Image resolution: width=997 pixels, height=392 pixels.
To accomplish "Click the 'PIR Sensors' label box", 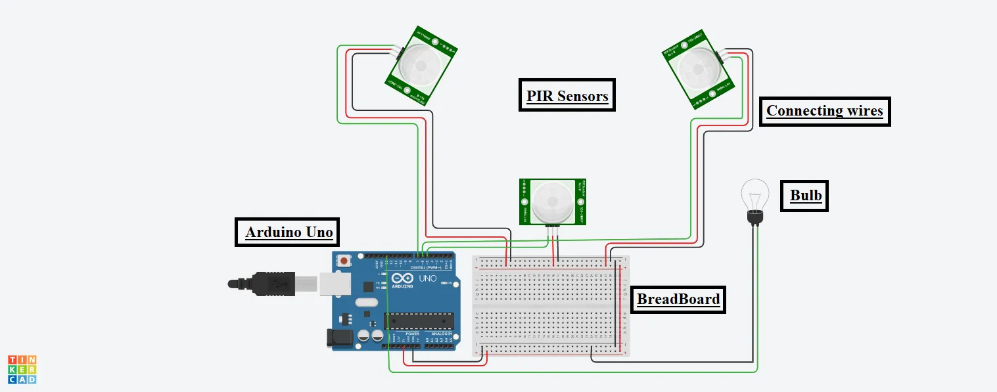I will (x=567, y=96).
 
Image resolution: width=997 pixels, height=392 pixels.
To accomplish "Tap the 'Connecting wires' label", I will (x=824, y=111).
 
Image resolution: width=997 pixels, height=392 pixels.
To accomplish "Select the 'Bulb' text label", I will (x=805, y=196).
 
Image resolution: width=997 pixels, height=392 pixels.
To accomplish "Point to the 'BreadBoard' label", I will (x=678, y=299).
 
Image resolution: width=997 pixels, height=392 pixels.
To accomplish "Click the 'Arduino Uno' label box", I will (x=288, y=232).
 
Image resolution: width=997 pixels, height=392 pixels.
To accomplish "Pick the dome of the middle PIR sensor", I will (x=551, y=202).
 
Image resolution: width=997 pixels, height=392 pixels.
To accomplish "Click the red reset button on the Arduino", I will (x=344, y=261).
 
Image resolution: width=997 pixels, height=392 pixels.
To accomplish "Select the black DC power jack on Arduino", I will (x=338, y=338).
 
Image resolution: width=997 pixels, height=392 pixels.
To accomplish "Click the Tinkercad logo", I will (x=22, y=369).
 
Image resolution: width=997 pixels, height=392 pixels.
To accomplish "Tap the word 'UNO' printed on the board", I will (x=427, y=278).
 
